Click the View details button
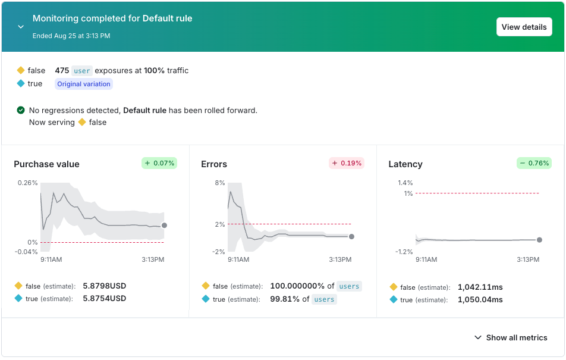(524, 27)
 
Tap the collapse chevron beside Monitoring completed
(21, 27)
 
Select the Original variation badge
(84, 84)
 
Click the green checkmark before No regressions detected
(21, 110)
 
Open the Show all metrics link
(511, 337)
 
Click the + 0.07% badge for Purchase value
(159, 163)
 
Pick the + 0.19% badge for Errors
(346, 163)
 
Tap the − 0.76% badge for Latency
(533, 163)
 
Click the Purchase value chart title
(46, 164)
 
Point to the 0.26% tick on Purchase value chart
(28, 183)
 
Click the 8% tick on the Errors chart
(219, 183)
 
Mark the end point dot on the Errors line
(351, 236)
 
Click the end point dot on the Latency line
(539, 240)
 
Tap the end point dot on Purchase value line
(164, 226)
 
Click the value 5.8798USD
(105, 286)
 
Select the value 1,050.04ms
(480, 299)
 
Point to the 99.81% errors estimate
(284, 299)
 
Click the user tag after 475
(82, 71)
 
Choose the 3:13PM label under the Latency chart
(527, 259)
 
